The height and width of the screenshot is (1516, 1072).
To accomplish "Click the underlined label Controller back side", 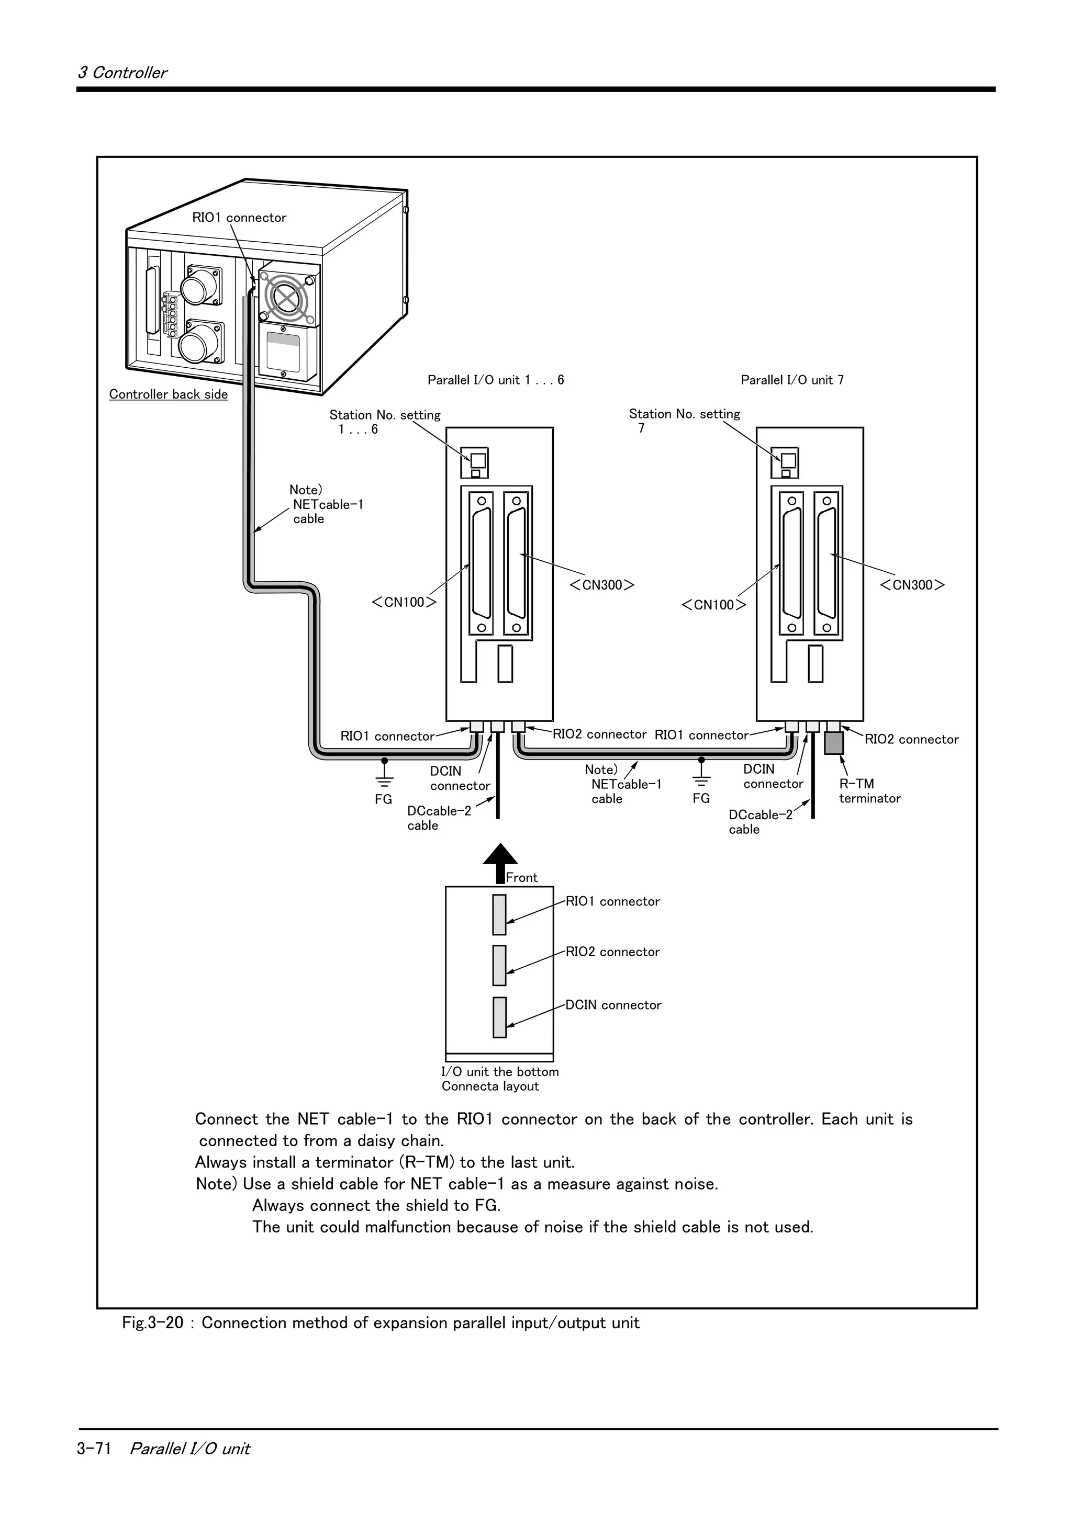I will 169,394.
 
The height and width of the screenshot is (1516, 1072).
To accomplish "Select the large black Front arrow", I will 500,862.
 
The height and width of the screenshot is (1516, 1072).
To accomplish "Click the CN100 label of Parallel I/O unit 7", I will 713,605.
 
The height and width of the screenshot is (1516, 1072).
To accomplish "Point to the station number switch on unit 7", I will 787,460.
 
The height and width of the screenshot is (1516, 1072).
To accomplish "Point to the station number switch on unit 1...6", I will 477,460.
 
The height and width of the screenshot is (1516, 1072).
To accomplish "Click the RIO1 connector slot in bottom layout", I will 499,914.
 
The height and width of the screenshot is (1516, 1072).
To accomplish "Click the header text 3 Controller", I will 122,73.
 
